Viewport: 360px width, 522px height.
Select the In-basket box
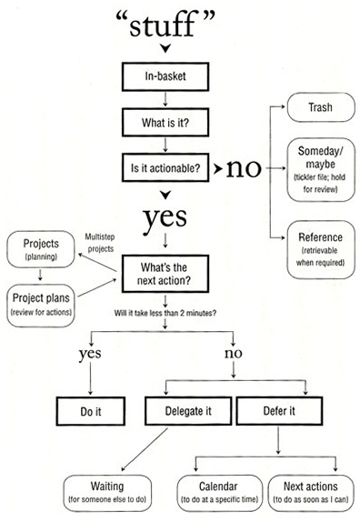point(165,75)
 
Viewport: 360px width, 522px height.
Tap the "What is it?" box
point(165,120)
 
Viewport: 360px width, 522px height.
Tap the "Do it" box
point(90,411)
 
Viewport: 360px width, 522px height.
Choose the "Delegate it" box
point(189,411)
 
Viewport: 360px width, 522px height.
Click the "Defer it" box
point(278,411)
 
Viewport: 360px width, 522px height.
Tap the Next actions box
point(309,491)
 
